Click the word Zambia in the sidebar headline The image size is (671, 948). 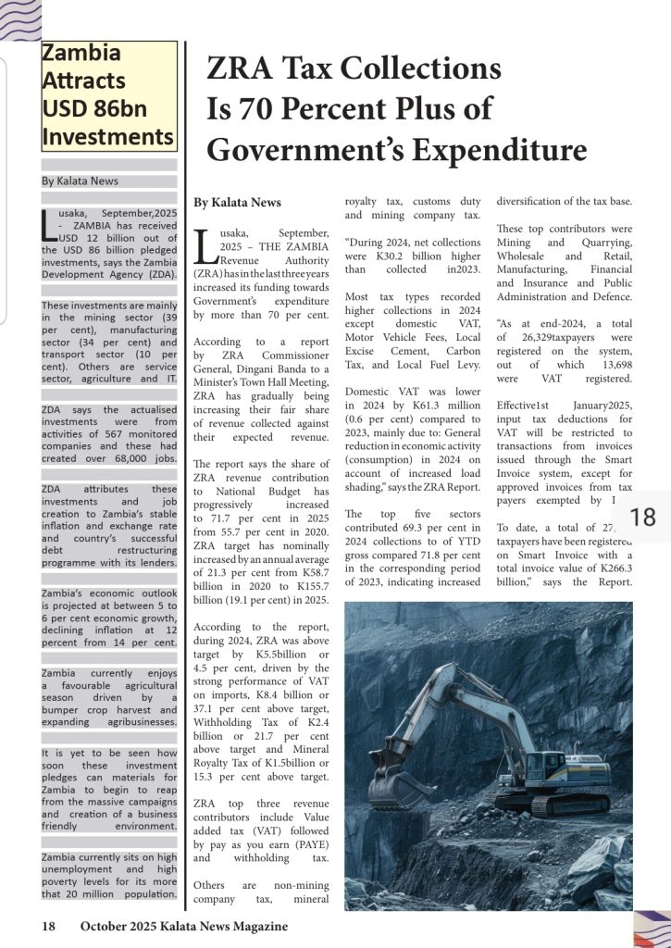(x=81, y=53)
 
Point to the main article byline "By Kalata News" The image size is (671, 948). (x=237, y=203)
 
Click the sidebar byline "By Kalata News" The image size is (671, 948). (x=80, y=181)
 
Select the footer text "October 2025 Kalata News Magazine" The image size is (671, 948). (x=183, y=926)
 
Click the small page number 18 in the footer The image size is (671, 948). (x=48, y=926)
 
